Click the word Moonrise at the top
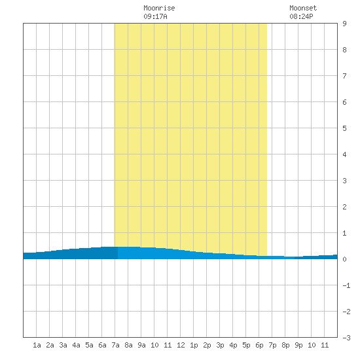click(159, 8)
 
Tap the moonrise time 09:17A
click(155, 16)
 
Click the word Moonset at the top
click(303, 8)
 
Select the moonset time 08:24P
click(301, 16)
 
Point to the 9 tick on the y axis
click(344, 24)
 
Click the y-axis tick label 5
click(344, 128)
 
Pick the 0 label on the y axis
click(344, 259)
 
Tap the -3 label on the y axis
click(346, 338)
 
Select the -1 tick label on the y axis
click(346, 285)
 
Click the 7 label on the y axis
click(344, 76)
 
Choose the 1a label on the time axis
click(37, 345)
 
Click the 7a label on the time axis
click(115, 345)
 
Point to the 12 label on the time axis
click(181, 345)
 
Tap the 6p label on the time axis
click(259, 345)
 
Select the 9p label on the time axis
click(298, 345)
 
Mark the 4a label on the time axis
click(76, 345)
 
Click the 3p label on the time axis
click(220, 345)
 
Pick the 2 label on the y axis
click(344, 207)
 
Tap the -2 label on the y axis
click(346, 312)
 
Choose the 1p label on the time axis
click(194, 345)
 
